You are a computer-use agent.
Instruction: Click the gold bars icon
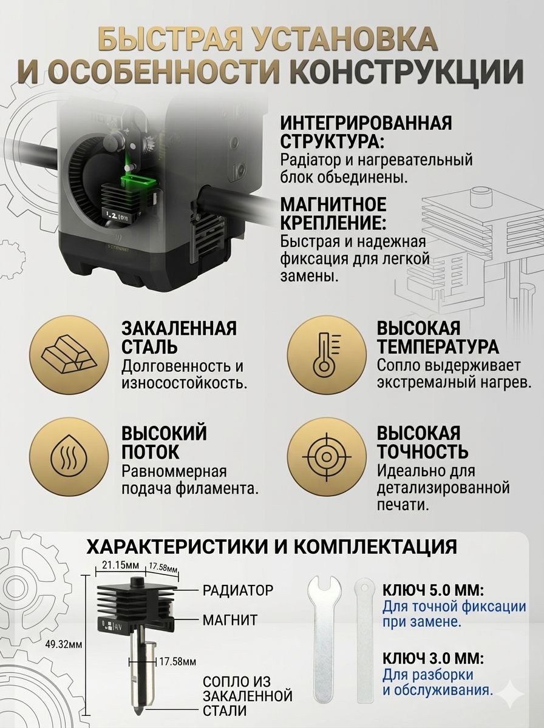point(68,355)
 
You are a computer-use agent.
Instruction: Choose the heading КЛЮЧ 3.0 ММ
point(433,658)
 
